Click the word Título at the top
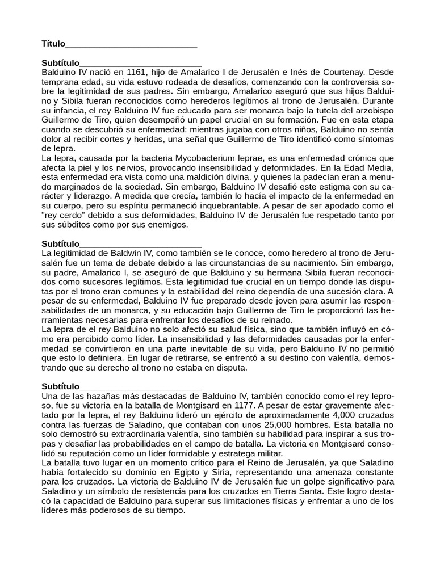[53, 44]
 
